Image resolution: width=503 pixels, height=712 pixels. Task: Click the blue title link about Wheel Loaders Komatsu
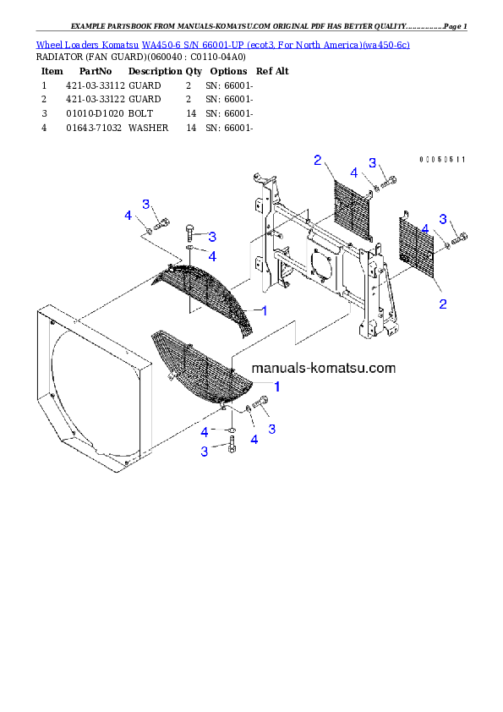[222, 44]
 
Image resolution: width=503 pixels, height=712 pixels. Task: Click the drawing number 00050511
[442, 159]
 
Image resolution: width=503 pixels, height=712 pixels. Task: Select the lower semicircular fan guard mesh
[203, 369]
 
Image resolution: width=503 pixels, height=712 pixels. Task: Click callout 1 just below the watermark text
[276, 385]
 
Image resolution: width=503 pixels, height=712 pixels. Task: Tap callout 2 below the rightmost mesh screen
[442, 303]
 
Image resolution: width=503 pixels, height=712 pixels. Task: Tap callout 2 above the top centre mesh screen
[317, 160]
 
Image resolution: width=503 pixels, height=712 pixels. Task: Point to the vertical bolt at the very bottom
[232, 446]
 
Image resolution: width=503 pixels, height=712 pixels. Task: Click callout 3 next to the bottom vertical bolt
[205, 452]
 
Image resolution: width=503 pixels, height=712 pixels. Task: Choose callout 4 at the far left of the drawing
[128, 216]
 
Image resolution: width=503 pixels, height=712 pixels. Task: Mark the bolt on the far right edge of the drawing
[461, 240]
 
